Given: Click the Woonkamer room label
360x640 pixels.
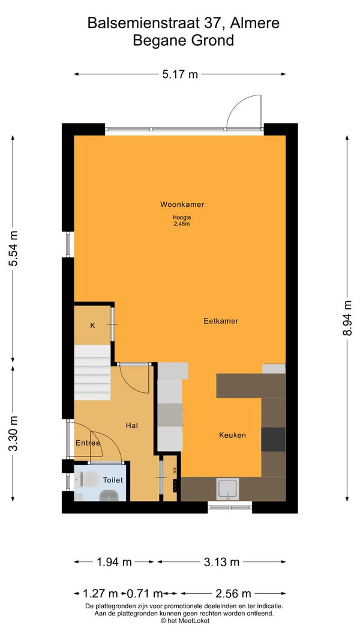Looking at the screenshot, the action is click(x=182, y=204).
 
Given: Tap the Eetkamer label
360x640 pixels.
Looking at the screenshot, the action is click(x=221, y=321).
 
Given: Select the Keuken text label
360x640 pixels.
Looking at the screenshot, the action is click(x=232, y=435).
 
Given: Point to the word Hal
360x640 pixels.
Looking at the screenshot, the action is click(x=132, y=425).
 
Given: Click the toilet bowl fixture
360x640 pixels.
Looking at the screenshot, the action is click(x=89, y=479).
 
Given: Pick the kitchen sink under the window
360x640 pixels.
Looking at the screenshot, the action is click(x=228, y=489).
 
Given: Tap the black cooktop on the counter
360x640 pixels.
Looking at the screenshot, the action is click(x=273, y=439).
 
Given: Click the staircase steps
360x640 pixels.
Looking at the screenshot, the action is click(x=92, y=372).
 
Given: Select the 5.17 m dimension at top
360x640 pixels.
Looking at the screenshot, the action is click(x=180, y=74).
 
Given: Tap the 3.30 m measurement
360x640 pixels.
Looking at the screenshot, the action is click(x=13, y=433).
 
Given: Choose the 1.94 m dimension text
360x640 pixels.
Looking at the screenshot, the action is click(x=114, y=562).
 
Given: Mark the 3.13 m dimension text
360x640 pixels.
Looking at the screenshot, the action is click(x=221, y=562).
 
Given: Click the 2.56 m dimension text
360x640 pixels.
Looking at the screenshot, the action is click(x=233, y=593).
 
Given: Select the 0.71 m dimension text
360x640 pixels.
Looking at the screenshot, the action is click(x=145, y=593).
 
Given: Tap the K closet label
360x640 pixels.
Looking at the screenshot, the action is click(x=92, y=326).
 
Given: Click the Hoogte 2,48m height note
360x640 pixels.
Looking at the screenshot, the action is click(x=182, y=220).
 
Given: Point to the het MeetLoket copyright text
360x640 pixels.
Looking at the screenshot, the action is click(x=185, y=621).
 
